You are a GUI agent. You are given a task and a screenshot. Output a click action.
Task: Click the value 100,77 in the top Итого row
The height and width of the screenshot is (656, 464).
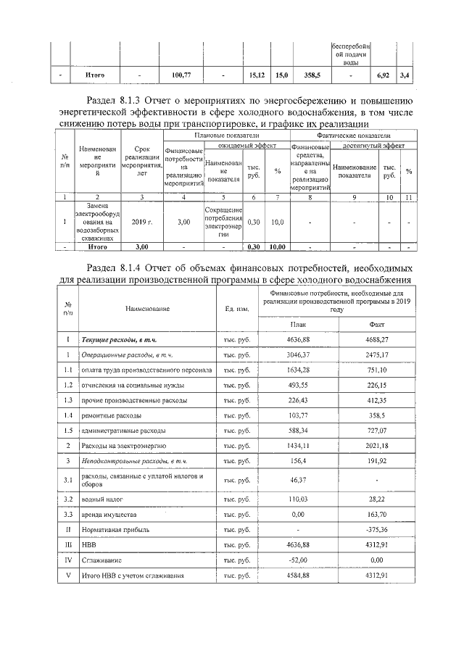click(x=181, y=75)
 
